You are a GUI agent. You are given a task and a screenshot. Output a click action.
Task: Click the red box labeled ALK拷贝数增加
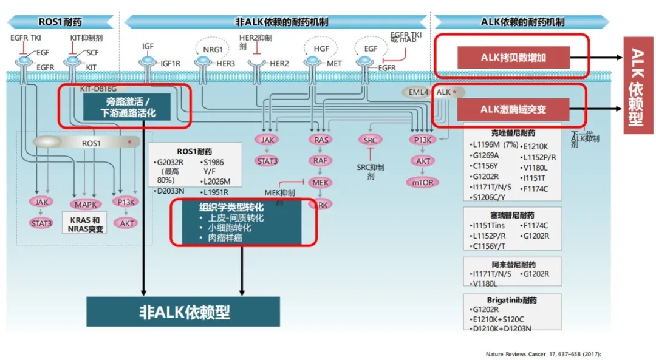pos(513,58)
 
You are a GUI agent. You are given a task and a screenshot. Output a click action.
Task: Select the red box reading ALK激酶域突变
pos(513,110)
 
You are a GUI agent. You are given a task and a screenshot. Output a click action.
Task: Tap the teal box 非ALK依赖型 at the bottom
pos(183,312)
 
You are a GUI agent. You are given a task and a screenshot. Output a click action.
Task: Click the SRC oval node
pos(370,140)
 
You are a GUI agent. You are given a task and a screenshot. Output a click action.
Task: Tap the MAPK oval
pos(86,204)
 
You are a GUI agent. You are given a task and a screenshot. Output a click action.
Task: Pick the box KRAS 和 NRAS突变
pos(86,224)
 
